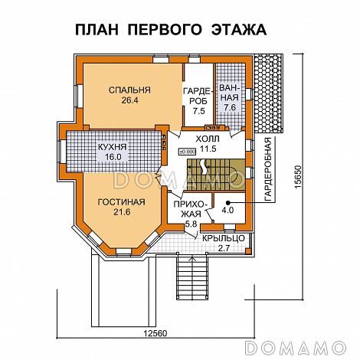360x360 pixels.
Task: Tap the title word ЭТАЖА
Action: (237, 31)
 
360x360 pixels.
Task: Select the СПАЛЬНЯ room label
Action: (129, 90)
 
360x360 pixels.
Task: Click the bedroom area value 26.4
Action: (129, 100)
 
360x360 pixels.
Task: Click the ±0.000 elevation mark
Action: (186, 150)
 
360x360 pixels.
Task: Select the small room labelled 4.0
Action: (227, 210)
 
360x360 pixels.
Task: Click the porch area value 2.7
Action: (223, 248)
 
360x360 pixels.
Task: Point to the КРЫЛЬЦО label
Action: (223, 238)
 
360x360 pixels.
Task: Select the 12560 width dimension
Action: (156, 332)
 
